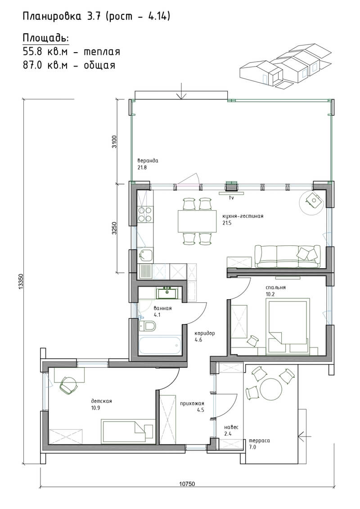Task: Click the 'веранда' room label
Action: (148, 161)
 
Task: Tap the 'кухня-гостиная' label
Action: (243, 216)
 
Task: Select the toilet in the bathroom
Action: (148, 325)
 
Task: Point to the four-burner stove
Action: (145, 214)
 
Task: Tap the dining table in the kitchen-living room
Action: (197, 221)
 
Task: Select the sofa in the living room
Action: (288, 257)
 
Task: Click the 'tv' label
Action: (231, 198)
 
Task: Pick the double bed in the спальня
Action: (287, 327)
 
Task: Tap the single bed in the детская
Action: (127, 432)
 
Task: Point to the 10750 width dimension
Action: (187, 484)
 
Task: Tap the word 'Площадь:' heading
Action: (46, 38)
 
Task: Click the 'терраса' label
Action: (259, 441)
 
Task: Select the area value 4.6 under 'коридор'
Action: (198, 340)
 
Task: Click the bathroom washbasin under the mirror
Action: (167, 293)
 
